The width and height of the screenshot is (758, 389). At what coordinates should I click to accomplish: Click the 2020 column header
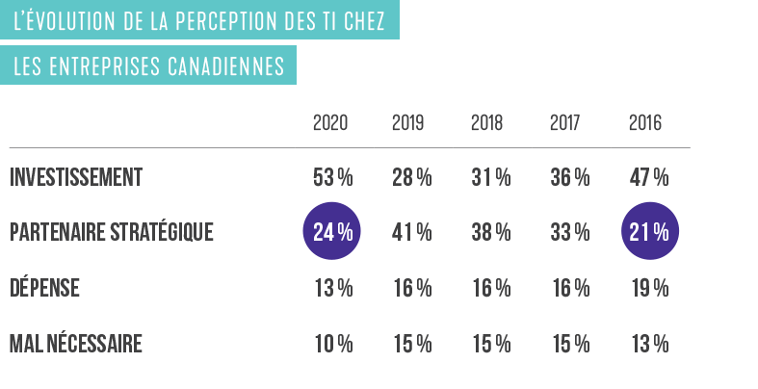pos(330,123)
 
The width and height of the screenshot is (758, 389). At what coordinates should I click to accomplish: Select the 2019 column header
pos(408,123)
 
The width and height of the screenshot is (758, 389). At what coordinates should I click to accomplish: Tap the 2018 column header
pos(487,123)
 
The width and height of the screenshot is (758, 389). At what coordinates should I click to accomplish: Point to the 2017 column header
pos(566,123)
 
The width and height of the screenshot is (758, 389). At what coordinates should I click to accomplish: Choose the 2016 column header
pos(645,123)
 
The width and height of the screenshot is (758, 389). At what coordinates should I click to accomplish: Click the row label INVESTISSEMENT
pos(76,178)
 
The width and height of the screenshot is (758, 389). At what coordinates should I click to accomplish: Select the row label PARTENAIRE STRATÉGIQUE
pos(111,233)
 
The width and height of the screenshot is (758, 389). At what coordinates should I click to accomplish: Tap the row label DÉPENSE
pos(44,288)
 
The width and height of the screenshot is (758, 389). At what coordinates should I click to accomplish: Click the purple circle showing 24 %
pos(333,232)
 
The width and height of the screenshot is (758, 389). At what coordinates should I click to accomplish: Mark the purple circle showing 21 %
pos(649,232)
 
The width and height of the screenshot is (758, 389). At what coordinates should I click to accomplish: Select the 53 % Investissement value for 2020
pos(333,178)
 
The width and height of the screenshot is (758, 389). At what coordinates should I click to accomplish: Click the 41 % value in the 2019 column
pos(411,233)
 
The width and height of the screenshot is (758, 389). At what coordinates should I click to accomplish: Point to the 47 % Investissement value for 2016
pos(649,178)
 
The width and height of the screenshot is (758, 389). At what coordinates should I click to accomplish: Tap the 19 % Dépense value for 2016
pos(649,288)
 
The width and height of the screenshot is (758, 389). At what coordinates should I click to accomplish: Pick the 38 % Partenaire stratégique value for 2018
pos(490,233)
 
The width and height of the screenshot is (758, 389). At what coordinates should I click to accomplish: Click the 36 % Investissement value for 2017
pos(569,178)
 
